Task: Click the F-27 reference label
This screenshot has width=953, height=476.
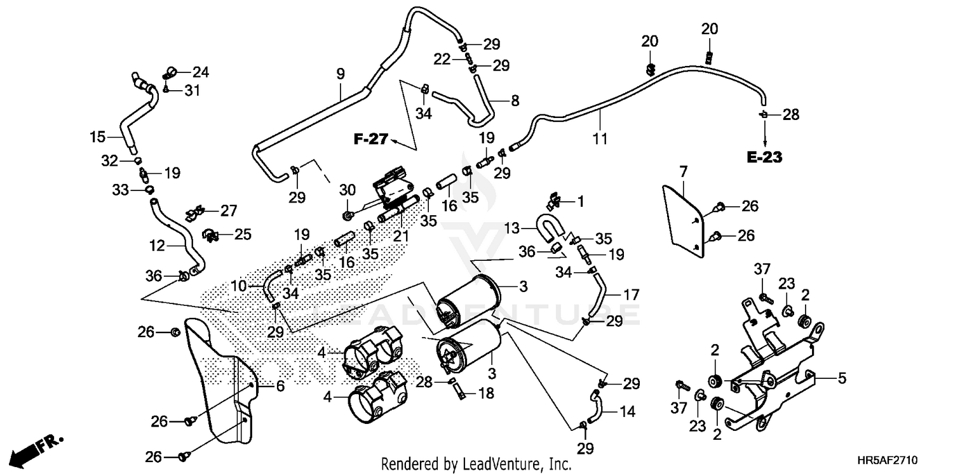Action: (370, 140)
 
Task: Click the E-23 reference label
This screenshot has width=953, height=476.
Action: (764, 158)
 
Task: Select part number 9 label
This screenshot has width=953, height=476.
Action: (341, 74)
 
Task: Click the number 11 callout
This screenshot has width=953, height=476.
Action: (600, 137)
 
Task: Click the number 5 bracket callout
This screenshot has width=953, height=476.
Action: (842, 379)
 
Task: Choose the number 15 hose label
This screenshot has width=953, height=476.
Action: (97, 136)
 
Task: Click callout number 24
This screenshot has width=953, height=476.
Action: (201, 72)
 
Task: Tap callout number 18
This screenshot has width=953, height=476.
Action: (485, 393)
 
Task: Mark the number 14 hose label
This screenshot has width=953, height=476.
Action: (627, 411)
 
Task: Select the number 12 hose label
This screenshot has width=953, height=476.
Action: (157, 244)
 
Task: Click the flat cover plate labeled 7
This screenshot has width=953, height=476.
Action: (684, 219)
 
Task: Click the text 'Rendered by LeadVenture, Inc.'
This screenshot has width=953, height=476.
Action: (476, 464)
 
